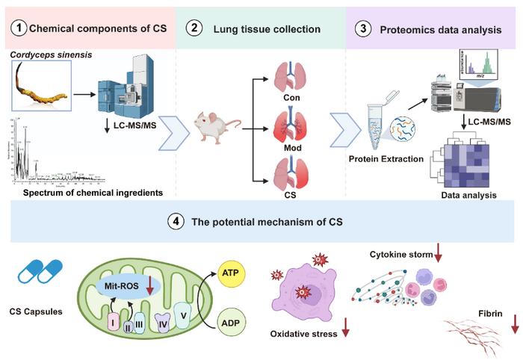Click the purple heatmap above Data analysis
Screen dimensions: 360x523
pos(466,161)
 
